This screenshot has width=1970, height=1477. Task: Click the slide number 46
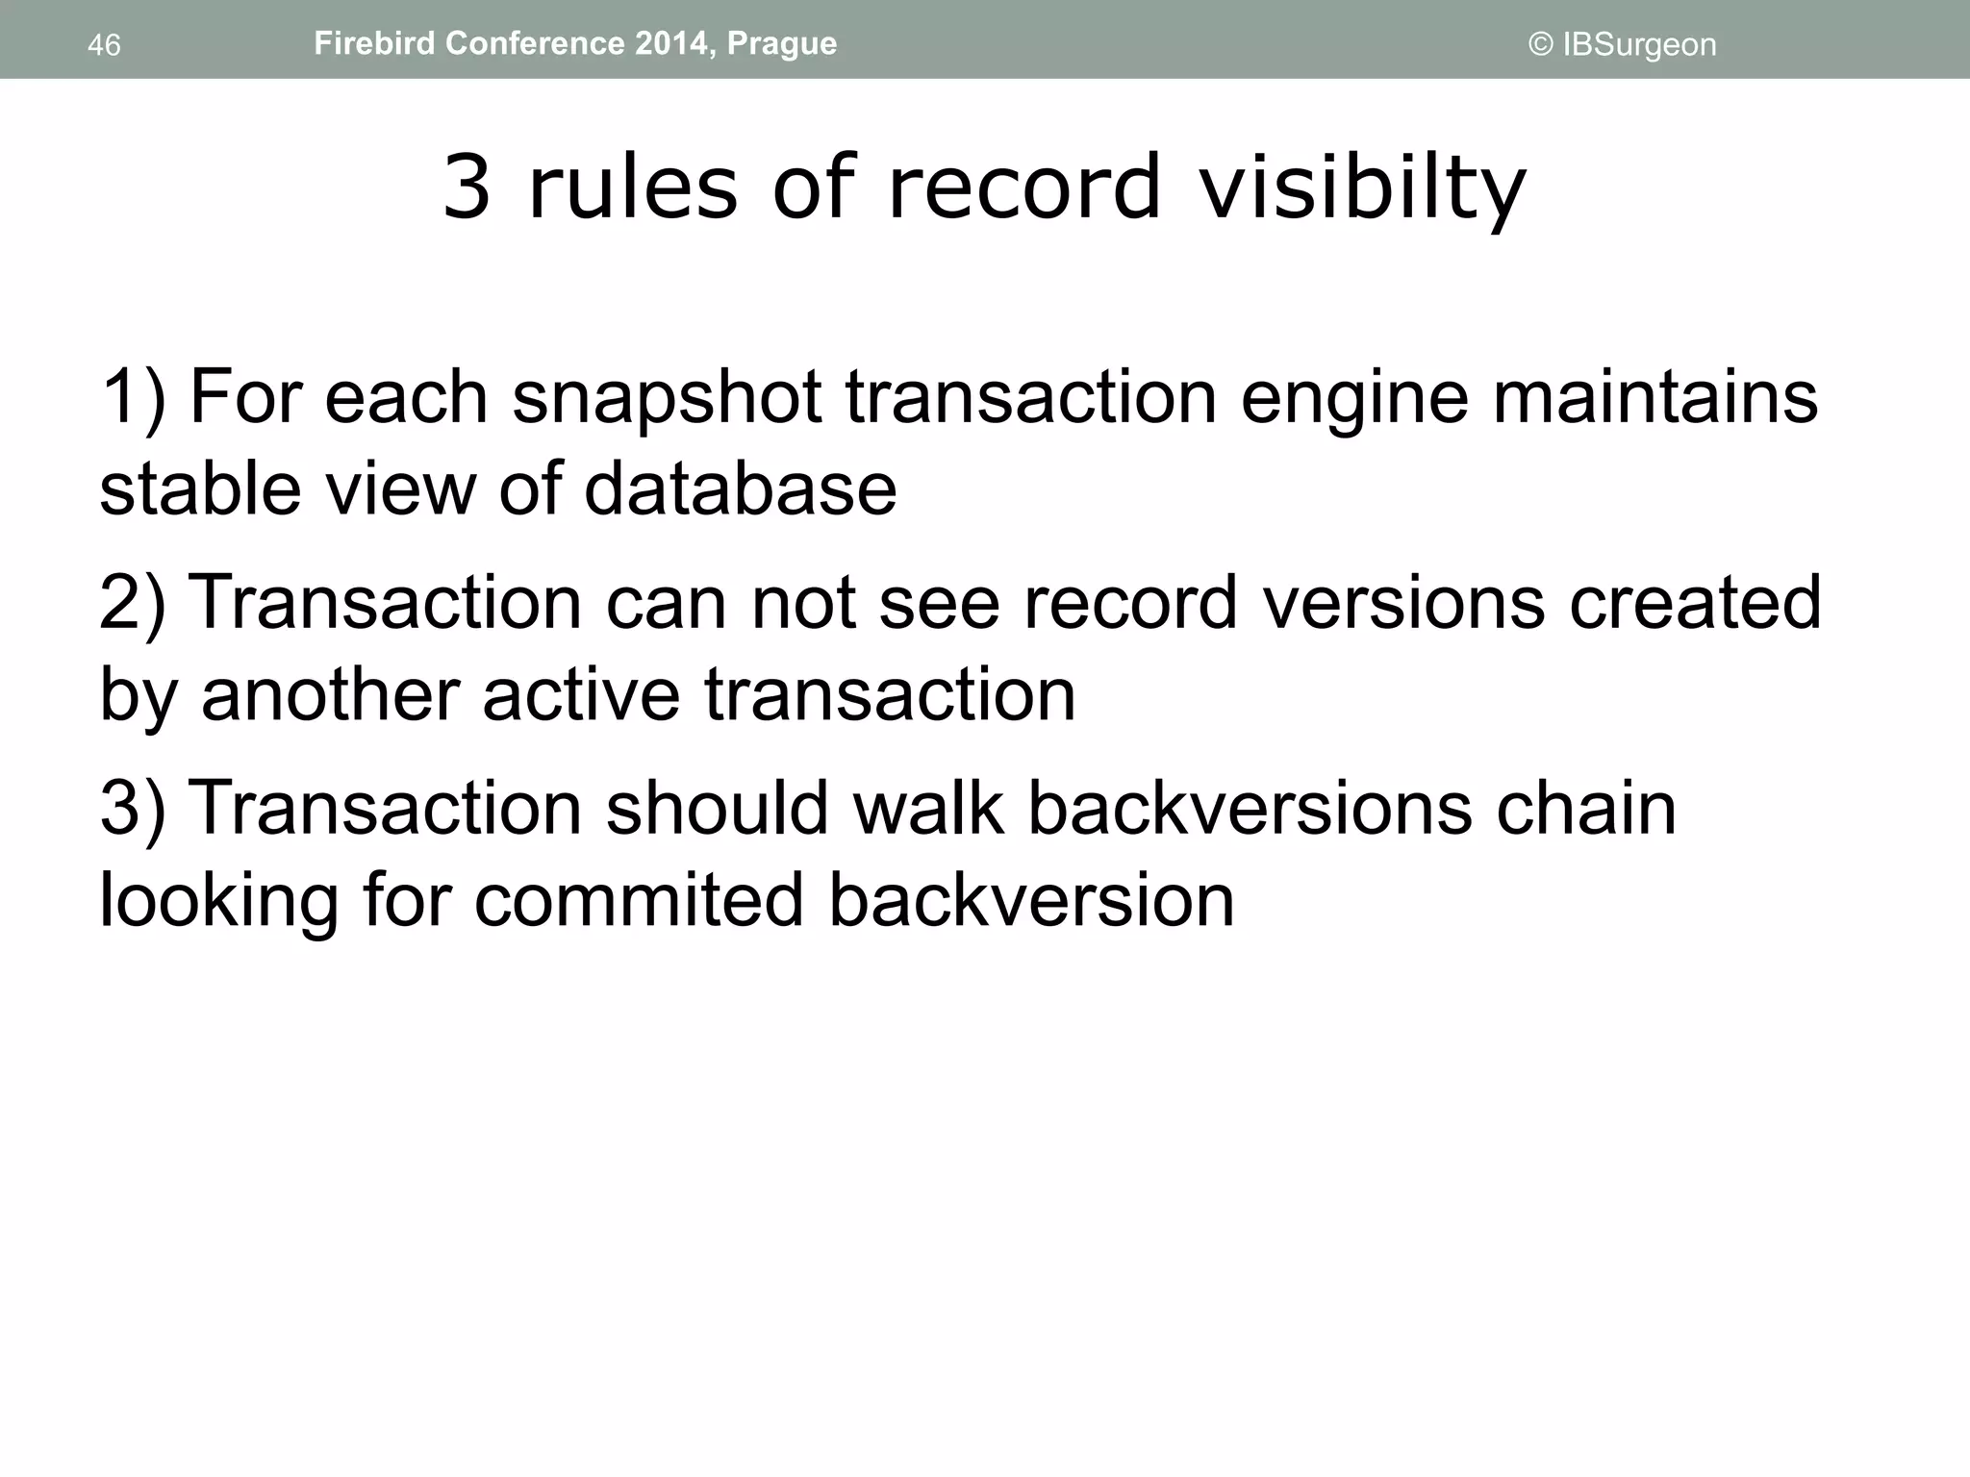104,45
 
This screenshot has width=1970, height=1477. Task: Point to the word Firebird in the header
373,44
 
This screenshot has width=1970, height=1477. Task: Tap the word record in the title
1024,188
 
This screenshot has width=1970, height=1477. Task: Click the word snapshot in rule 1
667,397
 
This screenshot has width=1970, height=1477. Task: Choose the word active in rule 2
581,695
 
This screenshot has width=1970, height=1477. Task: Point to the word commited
639,901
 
